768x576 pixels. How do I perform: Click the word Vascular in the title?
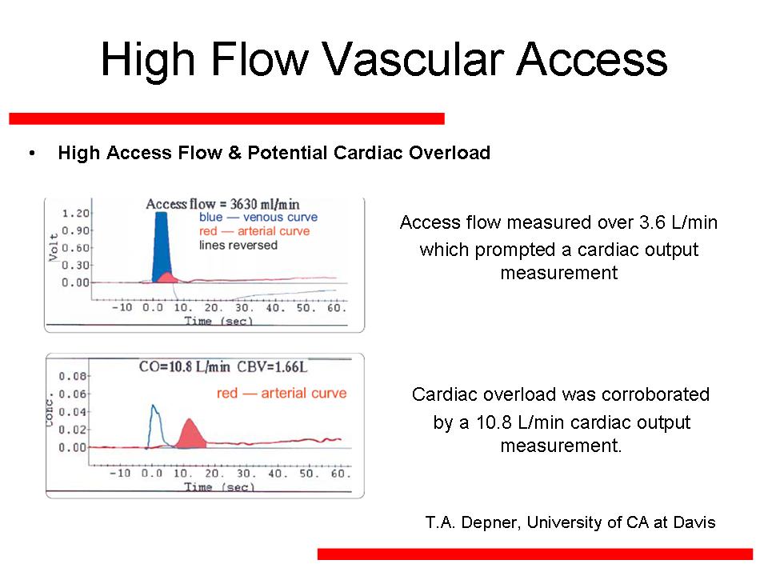coord(413,60)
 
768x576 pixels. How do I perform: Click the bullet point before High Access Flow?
coord(32,154)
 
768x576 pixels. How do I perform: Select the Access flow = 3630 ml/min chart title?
coord(222,204)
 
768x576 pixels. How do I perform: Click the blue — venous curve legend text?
coord(258,217)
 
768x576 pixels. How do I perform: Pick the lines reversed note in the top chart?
coord(238,245)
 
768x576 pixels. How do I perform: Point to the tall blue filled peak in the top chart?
coord(161,247)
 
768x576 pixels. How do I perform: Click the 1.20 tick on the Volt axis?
coord(76,214)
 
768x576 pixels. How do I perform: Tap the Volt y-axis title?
coord(54,247)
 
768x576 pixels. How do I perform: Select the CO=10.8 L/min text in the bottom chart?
coord(184,367)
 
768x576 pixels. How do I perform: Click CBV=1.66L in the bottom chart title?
coord(272,367)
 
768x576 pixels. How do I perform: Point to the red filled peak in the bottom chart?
coord(190,434)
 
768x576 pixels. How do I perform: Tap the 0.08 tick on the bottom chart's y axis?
coord(73,376)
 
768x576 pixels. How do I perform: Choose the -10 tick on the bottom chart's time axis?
coord(120,473)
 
